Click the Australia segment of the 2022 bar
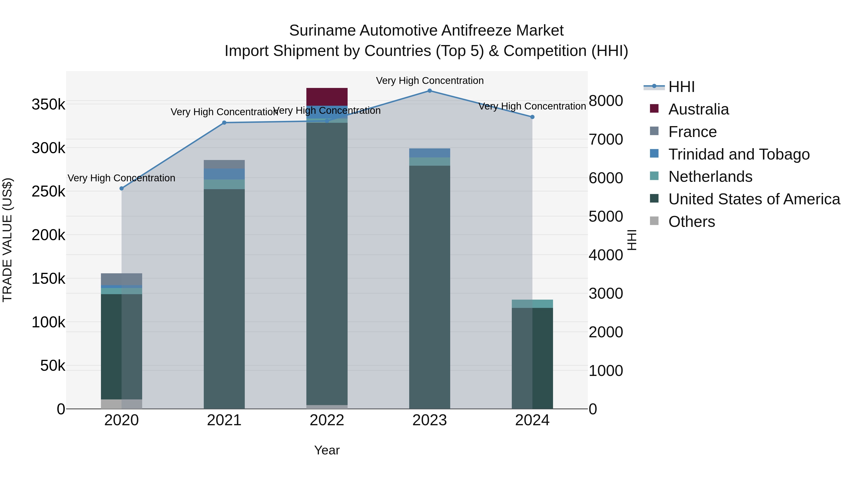[x=327, y=97]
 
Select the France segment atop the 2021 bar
[x=224, y=164]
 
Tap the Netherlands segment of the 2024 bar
[x=532, y=304]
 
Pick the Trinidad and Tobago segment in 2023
[x=430, y=153]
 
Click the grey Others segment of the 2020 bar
[x=121, y=404]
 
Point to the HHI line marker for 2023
[x=430, y=91]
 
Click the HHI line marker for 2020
[x=122, y=188]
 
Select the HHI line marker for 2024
[x=532, y=117]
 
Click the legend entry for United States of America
[x=754, y=199]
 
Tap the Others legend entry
[x=691, y=222]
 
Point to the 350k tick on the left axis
[x=48, y=105]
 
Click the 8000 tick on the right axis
[x=606, y=101]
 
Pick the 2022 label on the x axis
[x=327, y=420]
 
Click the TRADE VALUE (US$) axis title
[x=7, y=240]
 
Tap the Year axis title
[x=327, y=450]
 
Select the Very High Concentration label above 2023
[x=430, y=81]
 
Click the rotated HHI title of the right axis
[x=631, y=240]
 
